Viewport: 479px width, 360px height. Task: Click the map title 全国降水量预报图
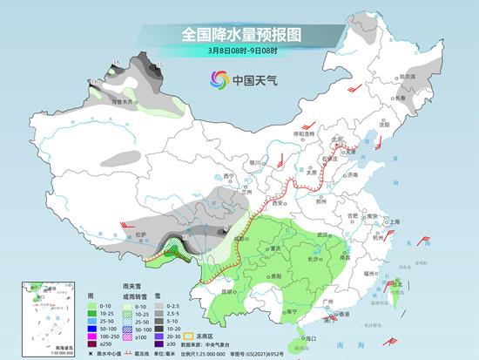coord(239,35)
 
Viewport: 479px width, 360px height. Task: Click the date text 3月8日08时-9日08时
coord(239,51)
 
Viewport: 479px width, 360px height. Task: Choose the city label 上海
coord(395,222)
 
